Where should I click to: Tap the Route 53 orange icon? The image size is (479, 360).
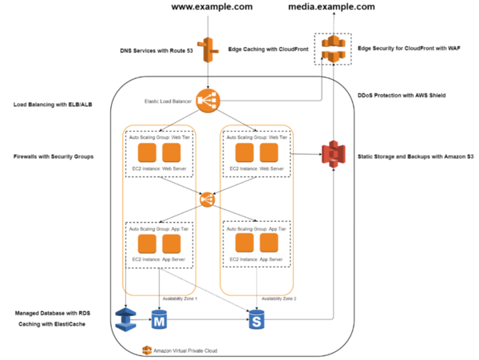(x=208, y=49)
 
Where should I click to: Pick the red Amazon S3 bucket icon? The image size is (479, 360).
(x=331, y=152)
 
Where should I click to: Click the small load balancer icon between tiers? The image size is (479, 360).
(x=206, y=197)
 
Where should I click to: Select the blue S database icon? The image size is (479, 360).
(x=256, y=319)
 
